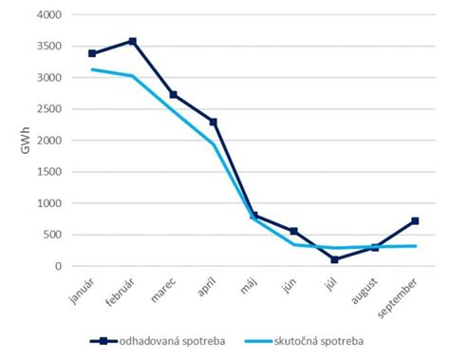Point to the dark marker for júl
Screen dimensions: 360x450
pos(334,259)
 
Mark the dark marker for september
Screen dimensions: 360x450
pos(415,221)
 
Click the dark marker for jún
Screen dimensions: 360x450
pos(294,231)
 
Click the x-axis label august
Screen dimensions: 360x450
pos(365,295)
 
